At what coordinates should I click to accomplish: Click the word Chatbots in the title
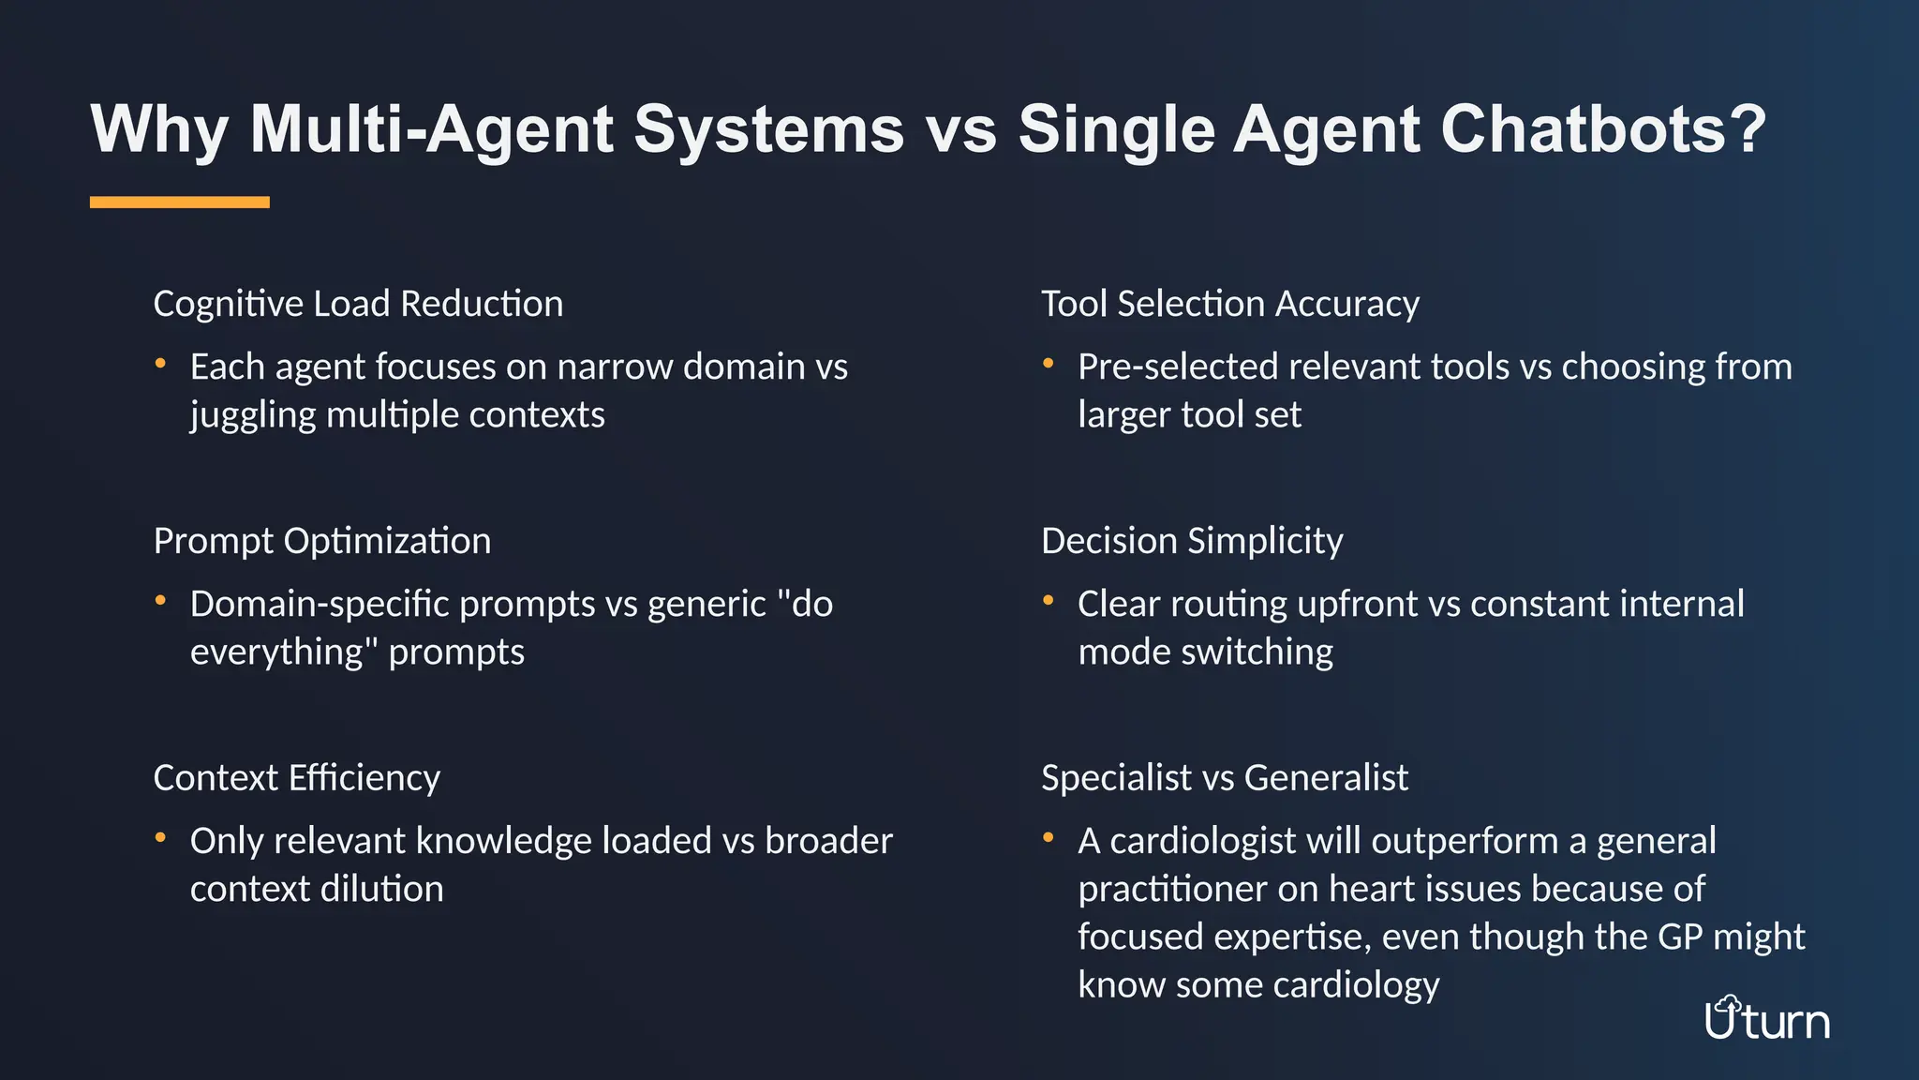1602,128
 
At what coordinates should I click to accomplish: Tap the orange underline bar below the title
180,202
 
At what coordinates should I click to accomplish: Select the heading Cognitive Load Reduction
358,304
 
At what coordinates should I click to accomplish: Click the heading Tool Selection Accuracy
1229,304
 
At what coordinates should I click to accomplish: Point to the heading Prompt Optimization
321,541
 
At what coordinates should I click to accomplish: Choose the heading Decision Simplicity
1192,541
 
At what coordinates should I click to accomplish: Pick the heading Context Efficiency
296,778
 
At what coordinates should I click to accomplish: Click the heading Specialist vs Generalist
1224,778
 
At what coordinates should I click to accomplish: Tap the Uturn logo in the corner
1766,1019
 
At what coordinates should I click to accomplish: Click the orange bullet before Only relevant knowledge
161,837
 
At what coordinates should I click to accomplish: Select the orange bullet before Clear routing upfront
1049,600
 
